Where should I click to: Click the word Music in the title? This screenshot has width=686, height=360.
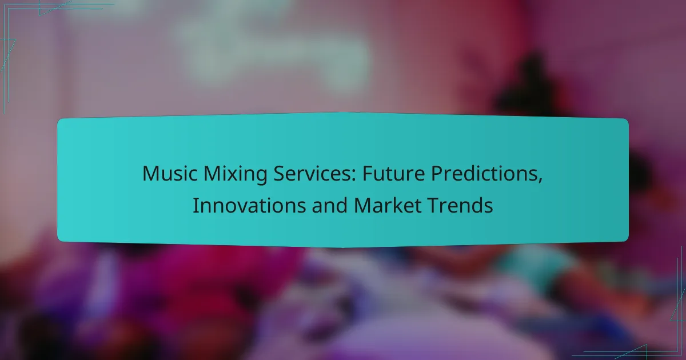[166, 173]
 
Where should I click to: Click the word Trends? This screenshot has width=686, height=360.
[464, 205]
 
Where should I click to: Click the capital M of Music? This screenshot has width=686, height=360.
[149, 173]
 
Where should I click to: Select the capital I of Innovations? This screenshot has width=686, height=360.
[195, 205]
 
